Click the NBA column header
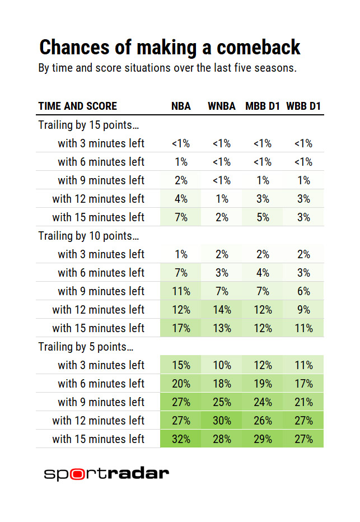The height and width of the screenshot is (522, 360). (181, 106)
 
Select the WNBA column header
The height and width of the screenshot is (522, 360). (222, 106)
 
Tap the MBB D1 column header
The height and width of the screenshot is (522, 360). (263, 106)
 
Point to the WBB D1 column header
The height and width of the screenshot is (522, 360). (303, 106)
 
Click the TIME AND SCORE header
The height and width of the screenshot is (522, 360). (77, 106)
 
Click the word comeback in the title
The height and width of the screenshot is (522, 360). (258, 48)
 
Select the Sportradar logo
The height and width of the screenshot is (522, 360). (106, 473)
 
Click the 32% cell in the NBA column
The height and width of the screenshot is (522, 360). (181, 439)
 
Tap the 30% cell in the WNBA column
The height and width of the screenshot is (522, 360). (222, 421)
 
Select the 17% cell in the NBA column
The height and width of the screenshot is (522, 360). (181, 328)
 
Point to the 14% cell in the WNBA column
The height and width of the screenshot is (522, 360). (222, 310)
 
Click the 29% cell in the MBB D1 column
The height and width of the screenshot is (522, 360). (263, 439)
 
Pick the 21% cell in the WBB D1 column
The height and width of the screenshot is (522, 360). (303, 402)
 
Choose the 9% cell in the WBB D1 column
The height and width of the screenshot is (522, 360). (303, 310)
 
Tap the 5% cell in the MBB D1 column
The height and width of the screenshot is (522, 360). (263, 217)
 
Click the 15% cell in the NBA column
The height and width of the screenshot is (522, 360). (181, 365)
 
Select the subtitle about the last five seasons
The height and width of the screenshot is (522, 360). (167, 69)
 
